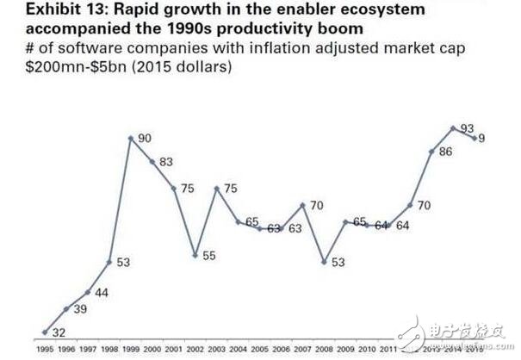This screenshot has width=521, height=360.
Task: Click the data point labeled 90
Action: [131, 137]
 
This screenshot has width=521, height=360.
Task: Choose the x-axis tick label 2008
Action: [325, 349]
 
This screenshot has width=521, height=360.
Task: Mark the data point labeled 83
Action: [152, 161]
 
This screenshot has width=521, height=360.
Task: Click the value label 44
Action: [100, 293]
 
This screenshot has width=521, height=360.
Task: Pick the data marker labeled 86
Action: [432, 152]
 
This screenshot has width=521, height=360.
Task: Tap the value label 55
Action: [209, 256]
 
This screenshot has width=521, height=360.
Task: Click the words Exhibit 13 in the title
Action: [42, 9]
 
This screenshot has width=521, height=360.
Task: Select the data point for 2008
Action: [325, 261]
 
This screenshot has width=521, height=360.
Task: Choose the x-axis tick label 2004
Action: [239, 349]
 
